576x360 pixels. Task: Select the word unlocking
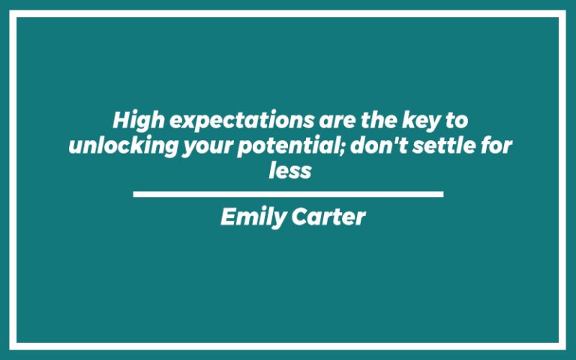123,145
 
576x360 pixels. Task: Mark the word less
289,170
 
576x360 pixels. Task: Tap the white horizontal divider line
288,194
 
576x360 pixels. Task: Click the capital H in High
121,120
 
